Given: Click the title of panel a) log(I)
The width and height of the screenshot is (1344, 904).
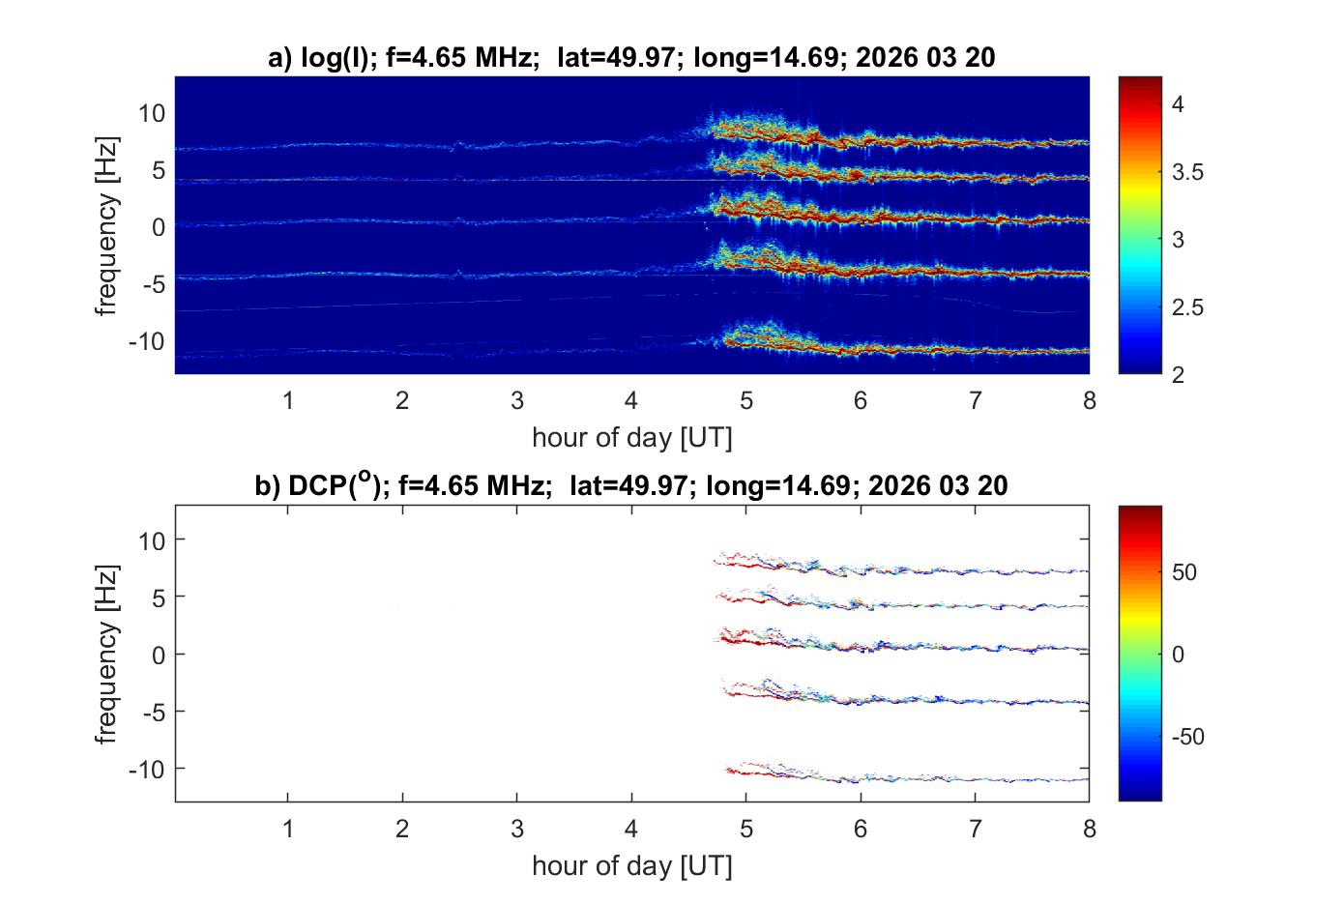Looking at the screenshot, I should pos(631,58).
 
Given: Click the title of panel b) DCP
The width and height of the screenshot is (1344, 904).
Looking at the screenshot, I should pos(631,485).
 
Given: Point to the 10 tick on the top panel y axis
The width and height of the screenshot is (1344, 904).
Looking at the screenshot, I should pos(152,113).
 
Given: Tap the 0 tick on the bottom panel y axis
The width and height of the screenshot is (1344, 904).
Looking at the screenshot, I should pos(159,655).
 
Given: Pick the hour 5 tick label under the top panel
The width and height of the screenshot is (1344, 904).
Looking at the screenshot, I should pos(745,400).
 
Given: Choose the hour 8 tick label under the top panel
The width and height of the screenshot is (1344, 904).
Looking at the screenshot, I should pos(1090,400).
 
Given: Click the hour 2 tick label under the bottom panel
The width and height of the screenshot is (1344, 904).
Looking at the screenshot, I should pos(402,829).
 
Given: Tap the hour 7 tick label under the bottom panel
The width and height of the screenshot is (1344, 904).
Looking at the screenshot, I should pos(975,829).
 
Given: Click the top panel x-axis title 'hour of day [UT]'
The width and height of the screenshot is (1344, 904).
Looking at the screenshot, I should pos(631,437).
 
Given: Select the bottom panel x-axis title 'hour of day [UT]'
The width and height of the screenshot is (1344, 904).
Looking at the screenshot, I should pos(631,865).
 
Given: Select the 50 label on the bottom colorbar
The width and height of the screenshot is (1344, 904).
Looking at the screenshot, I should pos(1183,572).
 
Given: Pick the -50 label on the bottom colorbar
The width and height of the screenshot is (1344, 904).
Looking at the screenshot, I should pos(1187,737).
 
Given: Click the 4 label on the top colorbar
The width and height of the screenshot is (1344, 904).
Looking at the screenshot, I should pos(1178,105).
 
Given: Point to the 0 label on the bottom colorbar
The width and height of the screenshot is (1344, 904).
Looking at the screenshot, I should pos(1178,655).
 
